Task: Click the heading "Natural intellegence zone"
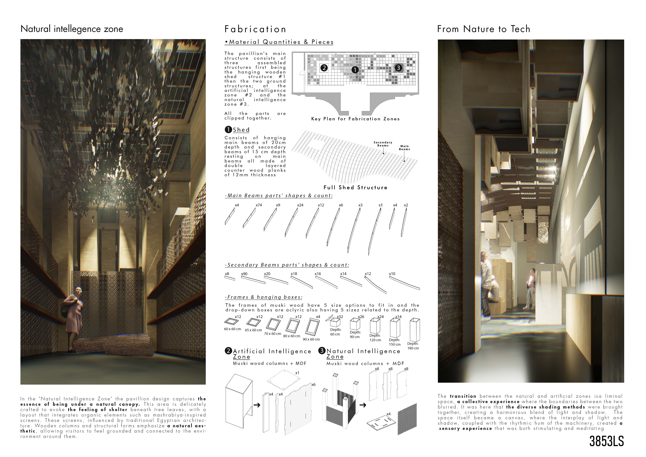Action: [72, 29]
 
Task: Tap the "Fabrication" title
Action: [255, 29]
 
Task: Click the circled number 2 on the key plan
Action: [324, 68]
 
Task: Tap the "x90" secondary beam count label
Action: [244, 274]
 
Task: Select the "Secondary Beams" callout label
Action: [383, 144]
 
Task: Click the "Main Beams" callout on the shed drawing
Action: [405, 147]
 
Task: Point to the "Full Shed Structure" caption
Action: [355, 187]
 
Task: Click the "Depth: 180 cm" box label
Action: [413, 346]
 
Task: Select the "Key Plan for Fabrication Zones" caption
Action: [355, 119]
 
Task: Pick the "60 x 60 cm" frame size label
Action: [232, 329]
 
